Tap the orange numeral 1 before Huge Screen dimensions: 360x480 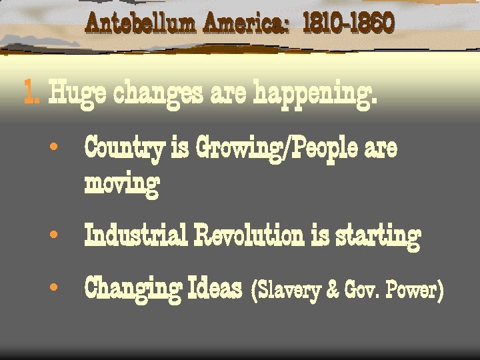pyautogui.click(x=29, y=93)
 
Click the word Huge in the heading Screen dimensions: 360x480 pyautogui.click(x=78, y=94)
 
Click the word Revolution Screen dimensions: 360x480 pyautogui.click(x=249, y=235)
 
